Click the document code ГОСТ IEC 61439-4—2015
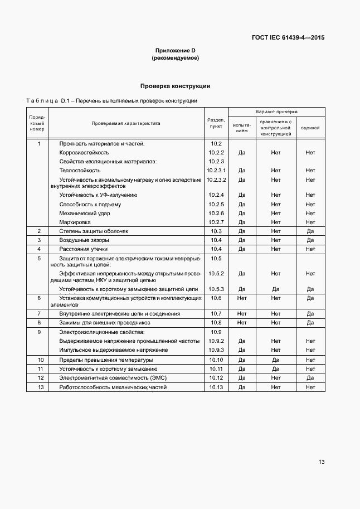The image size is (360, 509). point(288,38)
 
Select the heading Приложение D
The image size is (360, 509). point(175,51)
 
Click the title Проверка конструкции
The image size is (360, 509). point(175,86)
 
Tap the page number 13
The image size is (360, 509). point(322,462)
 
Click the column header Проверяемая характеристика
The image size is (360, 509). point(126,123)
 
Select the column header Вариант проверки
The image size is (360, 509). point(276,112)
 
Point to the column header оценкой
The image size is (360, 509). point(310,128)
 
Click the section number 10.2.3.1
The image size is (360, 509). point(216,170)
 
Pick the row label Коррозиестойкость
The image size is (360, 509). point(84,152)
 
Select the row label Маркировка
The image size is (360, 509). point(75,222)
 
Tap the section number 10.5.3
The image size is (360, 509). point(216,289)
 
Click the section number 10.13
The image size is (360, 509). point(216,387)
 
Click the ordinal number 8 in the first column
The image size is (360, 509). point(39,322)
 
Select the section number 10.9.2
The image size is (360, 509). point(216,341)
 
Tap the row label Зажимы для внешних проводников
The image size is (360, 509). point(105,322)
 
